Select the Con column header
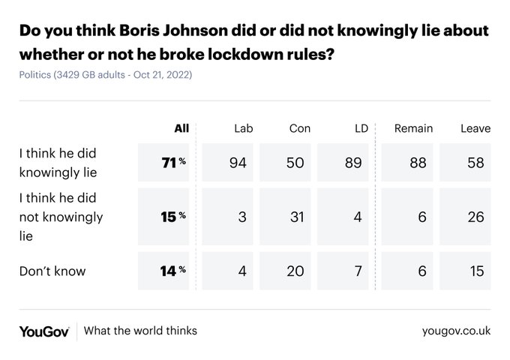point(299,128)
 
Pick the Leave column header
point(475,128)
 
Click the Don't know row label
point(52,271)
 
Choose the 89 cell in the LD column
point(353,163)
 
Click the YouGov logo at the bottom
point(44,331)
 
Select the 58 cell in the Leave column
point(475,163)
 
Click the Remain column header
point(413,128)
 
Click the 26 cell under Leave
point(475,217)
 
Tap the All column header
point(181,128)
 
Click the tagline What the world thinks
point(140,331)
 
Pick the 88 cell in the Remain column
point(418,163)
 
